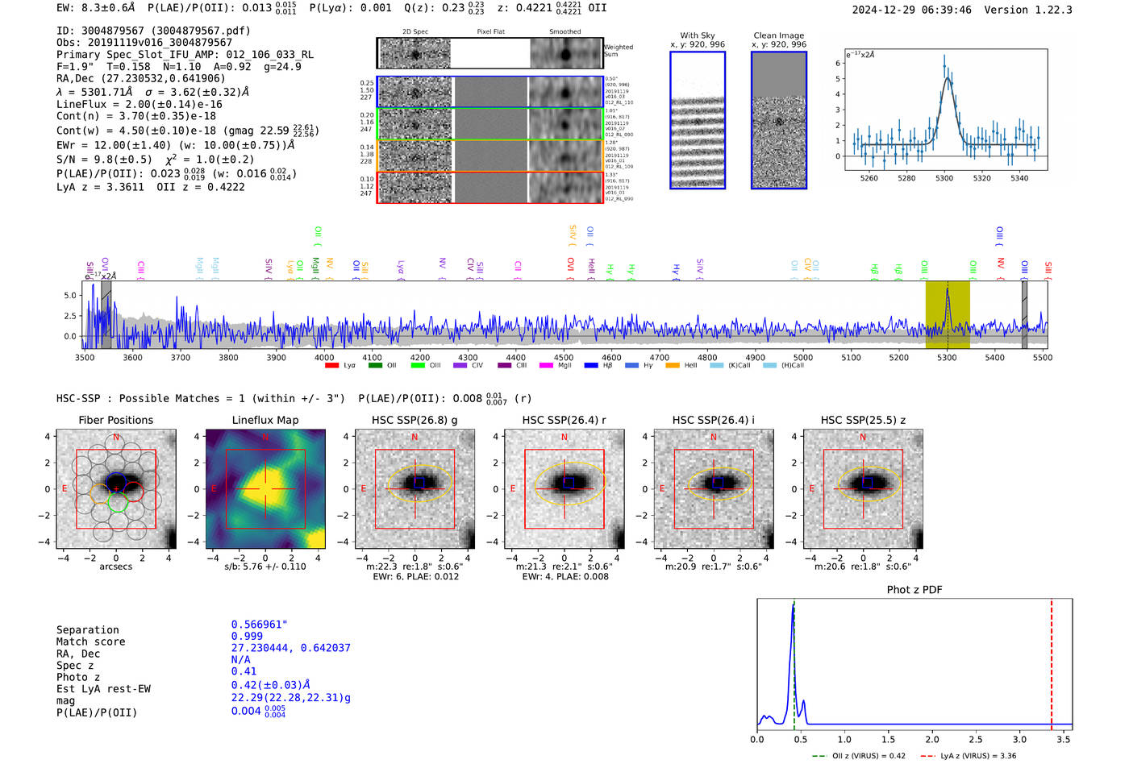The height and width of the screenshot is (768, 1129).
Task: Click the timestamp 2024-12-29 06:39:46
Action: pyautogui.click(x=911, y=10)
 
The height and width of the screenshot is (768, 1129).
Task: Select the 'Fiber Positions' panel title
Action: pyautogui.click(x=115, y=420)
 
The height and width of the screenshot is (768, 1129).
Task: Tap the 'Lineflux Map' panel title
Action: pyautogui.click(x=265, y=420)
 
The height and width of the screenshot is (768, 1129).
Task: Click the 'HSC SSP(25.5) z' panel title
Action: pyautogui.click(x=863, y=420)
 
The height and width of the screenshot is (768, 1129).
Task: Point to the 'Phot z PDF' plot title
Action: pyautogui.click(x=914, y=590)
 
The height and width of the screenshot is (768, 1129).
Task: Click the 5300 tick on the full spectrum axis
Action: pyautogui.click(x=947, y=358)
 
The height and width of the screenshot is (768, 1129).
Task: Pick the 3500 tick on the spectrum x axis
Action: pyautogui.click(x=85, y=358)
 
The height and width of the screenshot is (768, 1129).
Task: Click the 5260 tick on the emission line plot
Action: pyautogui.click(x=869, y=178)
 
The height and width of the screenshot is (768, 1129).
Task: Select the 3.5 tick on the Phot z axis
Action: pyautogui.click(x=1064, y=739)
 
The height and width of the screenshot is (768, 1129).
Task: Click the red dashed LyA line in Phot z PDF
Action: pyautogui.click(x=1052, y=661)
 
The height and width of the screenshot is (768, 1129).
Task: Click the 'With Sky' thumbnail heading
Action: pyautogui.click(x=698, y=35)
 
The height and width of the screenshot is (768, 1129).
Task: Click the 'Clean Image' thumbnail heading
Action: pyautogui.click(x=778, y=35)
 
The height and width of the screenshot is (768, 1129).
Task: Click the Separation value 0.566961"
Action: pyautogui.click(x=259, y=625)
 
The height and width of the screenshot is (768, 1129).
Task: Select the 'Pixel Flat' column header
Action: pyautogui.click(x=490, y=31)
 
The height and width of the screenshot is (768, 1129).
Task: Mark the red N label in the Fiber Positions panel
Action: pyautogui.click(x=116, y=437)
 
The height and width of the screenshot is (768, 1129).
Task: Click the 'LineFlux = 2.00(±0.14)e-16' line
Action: pyautogui.click(x=140, y=104)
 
